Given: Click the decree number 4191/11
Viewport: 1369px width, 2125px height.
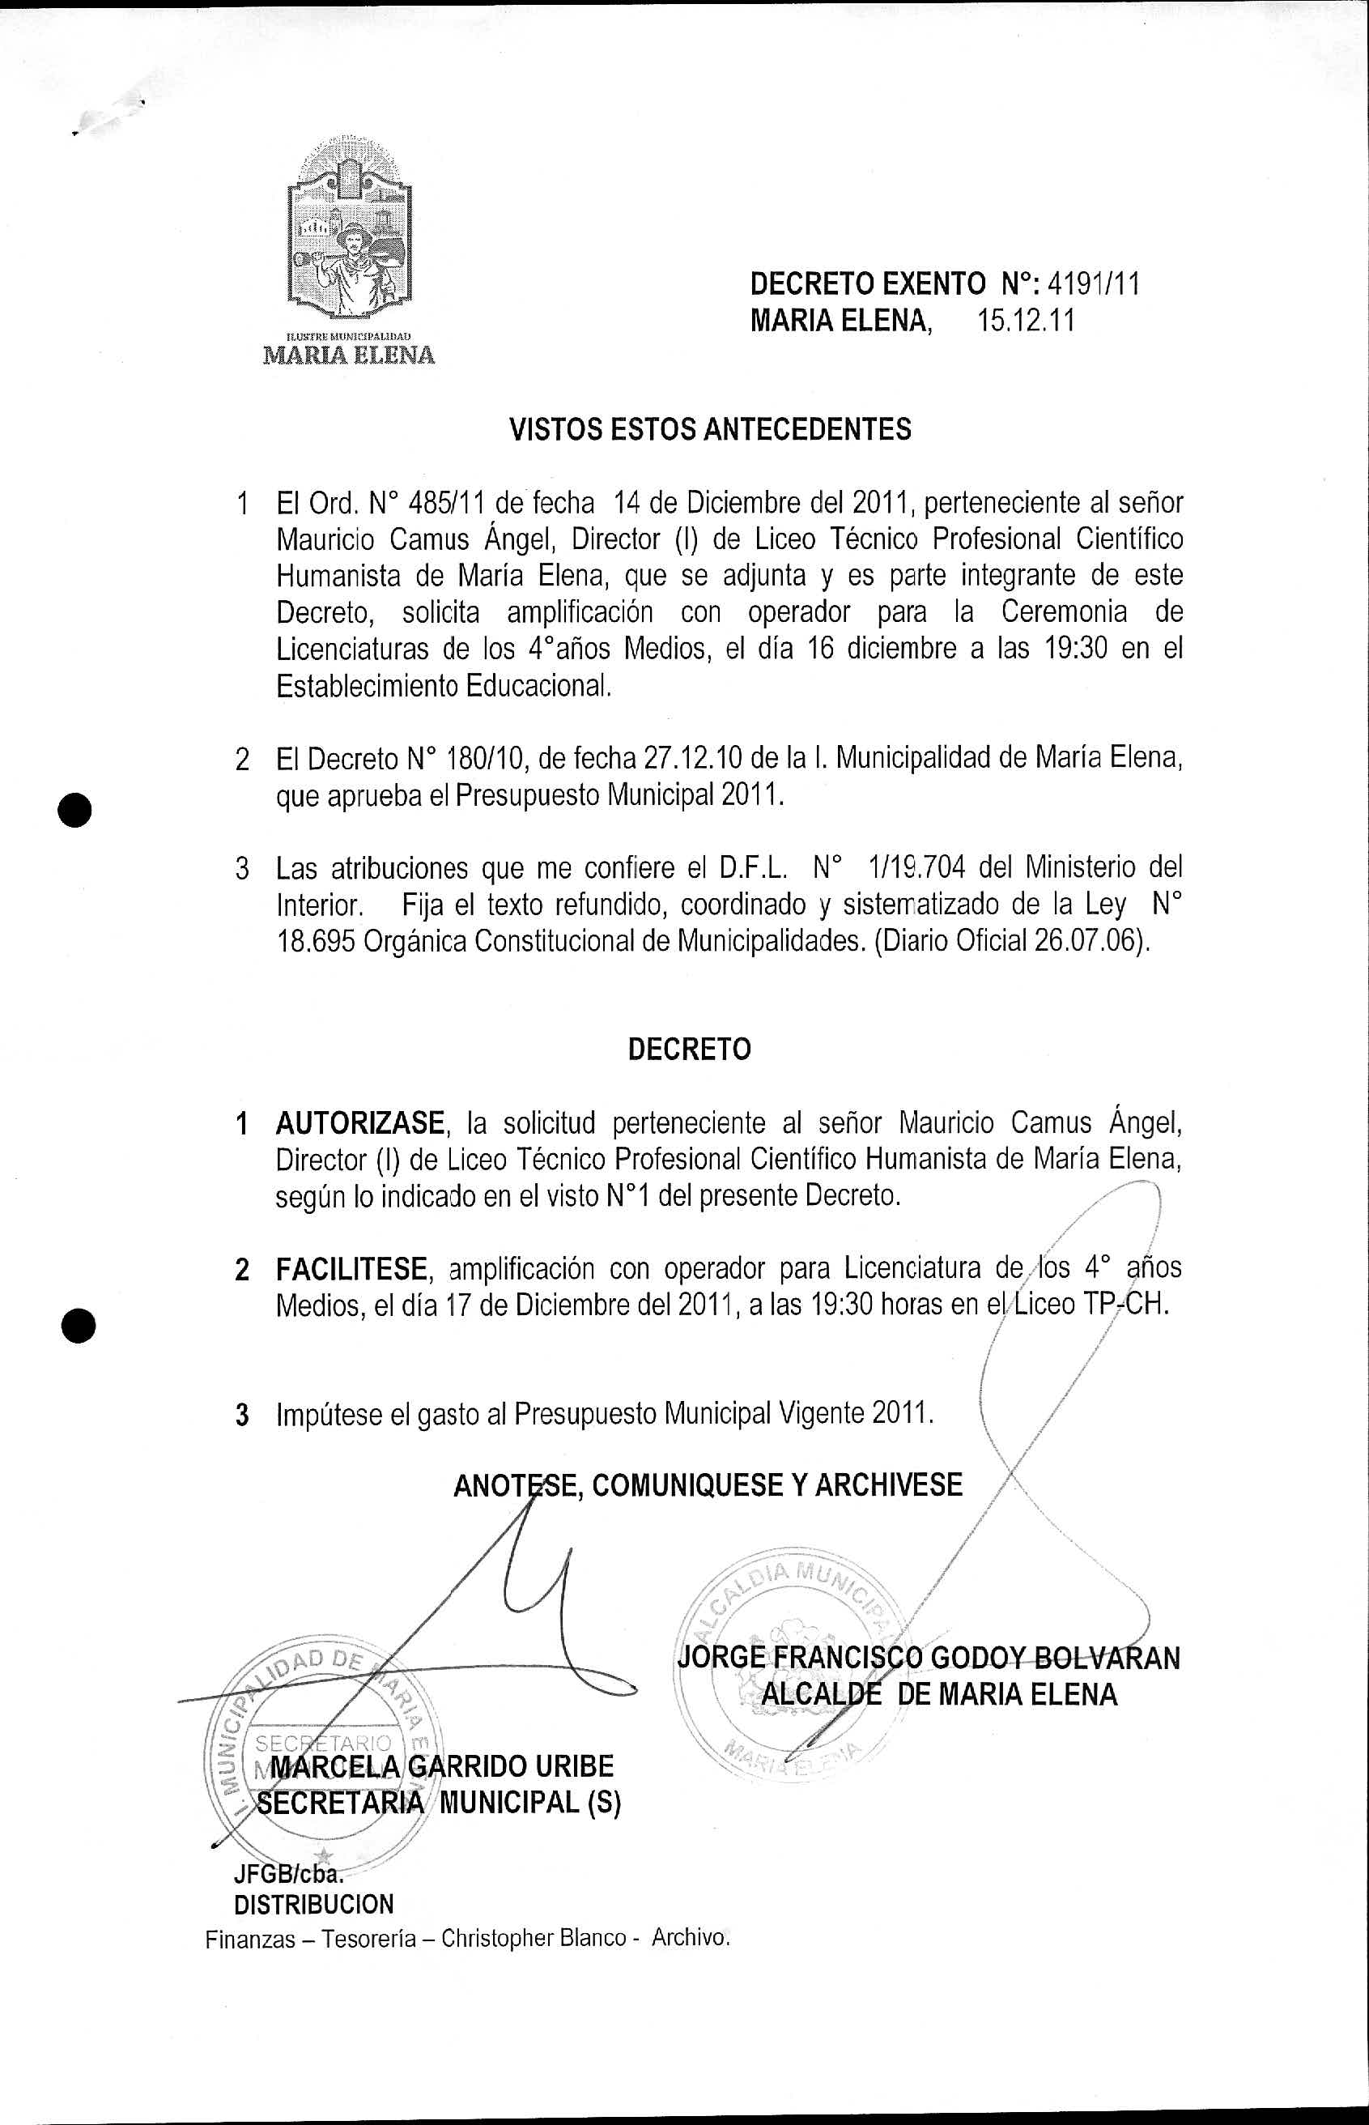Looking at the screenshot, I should (1094, 283).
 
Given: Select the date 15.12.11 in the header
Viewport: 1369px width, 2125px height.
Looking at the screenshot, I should (1026, 320).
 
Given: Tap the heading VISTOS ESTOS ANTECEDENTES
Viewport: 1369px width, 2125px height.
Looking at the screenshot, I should (709, 429).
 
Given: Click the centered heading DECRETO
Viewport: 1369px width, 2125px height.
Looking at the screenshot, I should (689, 1050).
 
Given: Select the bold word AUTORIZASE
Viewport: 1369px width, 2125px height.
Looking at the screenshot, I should (359, 1123).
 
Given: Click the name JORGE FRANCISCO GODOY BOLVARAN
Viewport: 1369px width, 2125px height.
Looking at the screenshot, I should (928, 1658).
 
